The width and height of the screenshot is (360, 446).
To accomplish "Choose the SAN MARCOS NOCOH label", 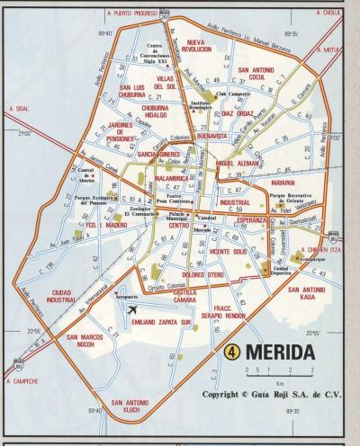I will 86,341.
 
